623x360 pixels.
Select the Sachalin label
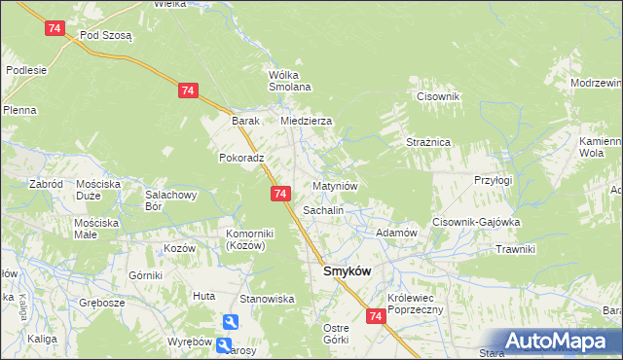pyautogui.click(x=323, y=209)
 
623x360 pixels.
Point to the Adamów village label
pyautogui.click(x=396, y=234)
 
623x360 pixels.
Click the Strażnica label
pyautogui.click(x=427, y=142)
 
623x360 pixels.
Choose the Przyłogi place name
pyautogui.click(x=493, y=180)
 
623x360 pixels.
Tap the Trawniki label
pyautogui.click(x=515, y=249)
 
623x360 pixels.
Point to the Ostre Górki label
pyautogui.click(x=335, y=334)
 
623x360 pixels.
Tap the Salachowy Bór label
pyautogui.click(x=165, y=199)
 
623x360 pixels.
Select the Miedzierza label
pyautogui.click(x=307, y=121)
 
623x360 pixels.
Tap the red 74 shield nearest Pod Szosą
pyautogui.click(x=55, y=29)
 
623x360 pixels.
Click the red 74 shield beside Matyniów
pyautogui.click(x=279, y=195)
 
